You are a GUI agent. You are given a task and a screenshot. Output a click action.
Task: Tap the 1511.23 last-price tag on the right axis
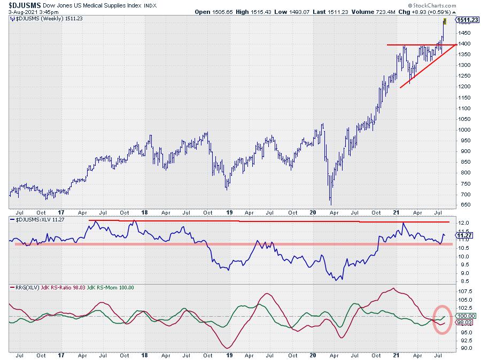(x=467, y=20)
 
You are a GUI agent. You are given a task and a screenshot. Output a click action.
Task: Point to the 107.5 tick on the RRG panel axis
(x=463, y=292)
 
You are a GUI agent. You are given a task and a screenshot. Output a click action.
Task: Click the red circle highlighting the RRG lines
(x=442, y=319)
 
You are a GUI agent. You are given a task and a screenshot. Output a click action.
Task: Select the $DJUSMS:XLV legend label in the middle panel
(x=32, y=220)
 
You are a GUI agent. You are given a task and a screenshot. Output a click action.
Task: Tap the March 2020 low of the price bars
(x=330, y=204)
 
